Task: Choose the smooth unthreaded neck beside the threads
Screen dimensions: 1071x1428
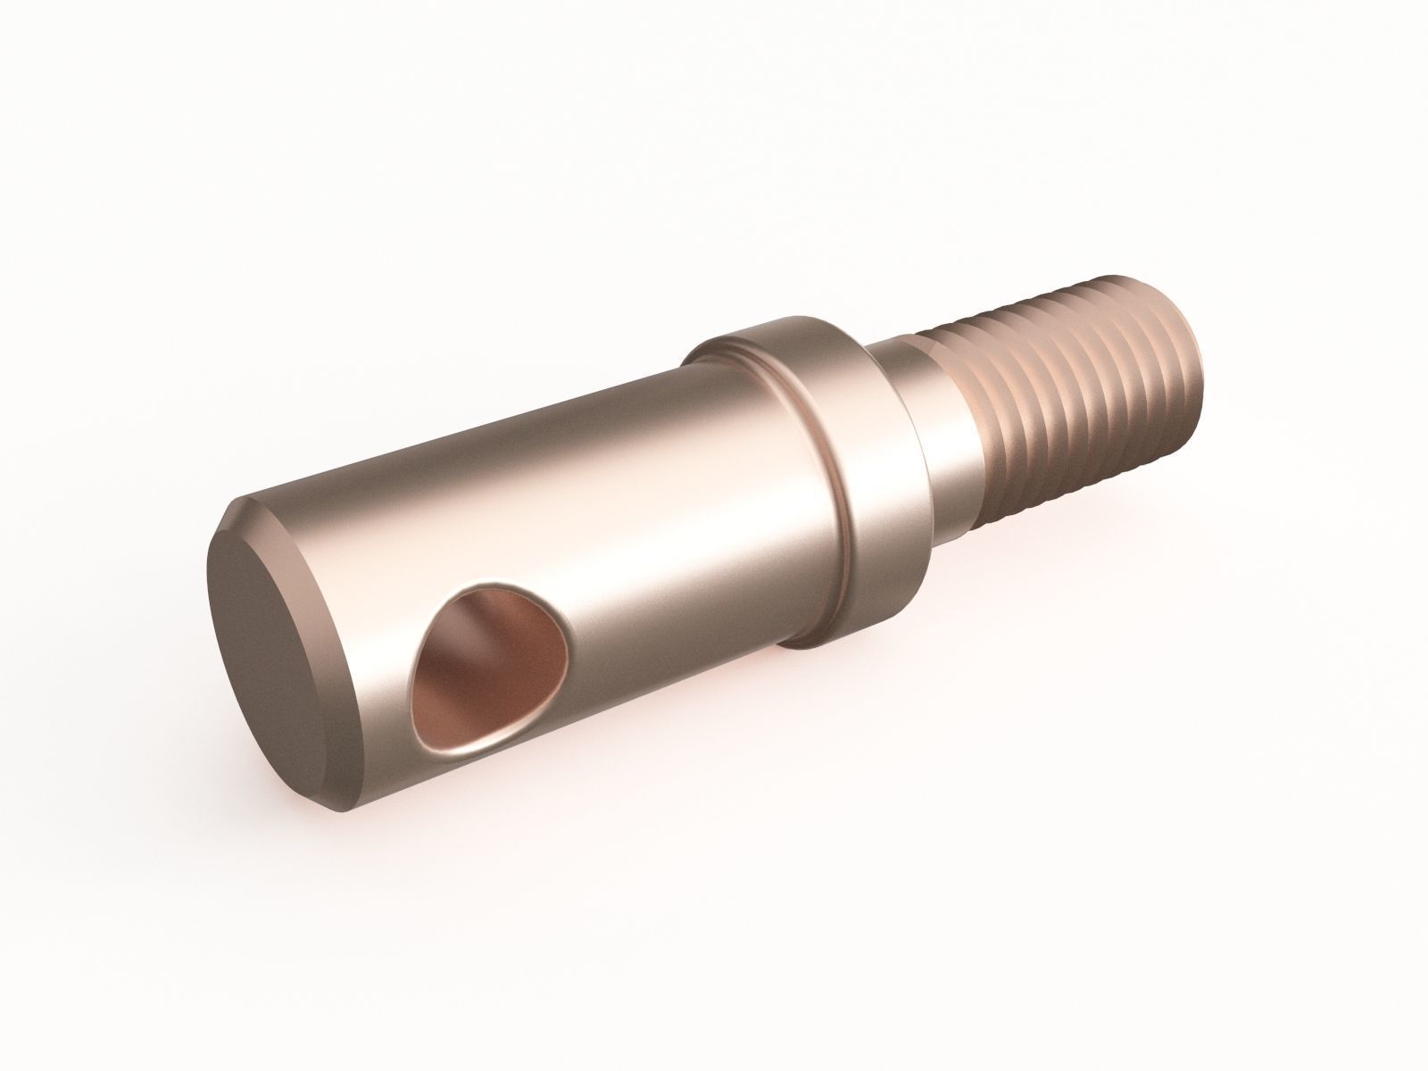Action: pyautogui.click(x=937, y=446)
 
